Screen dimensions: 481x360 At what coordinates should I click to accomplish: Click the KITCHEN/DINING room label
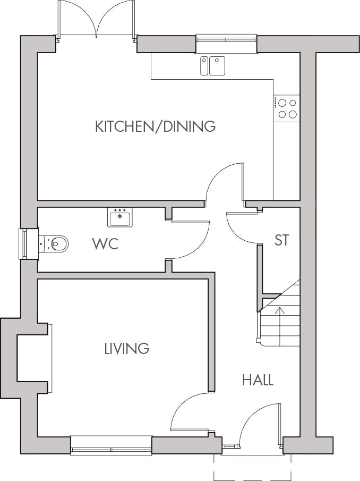155,126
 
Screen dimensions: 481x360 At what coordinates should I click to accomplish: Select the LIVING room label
126,349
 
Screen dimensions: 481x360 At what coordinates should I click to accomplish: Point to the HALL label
258,380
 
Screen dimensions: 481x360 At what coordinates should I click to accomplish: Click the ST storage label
281,240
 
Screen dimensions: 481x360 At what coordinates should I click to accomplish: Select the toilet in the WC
55,244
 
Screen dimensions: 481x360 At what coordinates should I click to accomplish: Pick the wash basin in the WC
120,216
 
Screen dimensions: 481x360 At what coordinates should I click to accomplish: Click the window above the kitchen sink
226,40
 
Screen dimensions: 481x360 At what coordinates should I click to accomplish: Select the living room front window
111,445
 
